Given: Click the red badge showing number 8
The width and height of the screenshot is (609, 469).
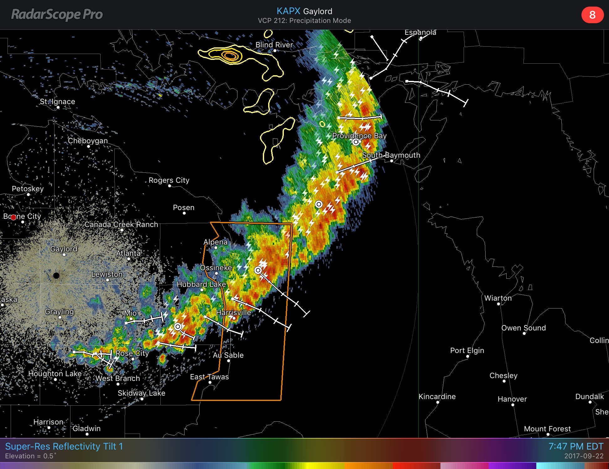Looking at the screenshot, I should tap(592, 15).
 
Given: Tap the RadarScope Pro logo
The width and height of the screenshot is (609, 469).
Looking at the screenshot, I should tap(57, 14).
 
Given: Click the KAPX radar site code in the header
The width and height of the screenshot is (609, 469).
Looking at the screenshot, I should tap(288, 11).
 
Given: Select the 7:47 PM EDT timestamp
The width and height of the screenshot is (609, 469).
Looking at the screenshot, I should tap(575, 446).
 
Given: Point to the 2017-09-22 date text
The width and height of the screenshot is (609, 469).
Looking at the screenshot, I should tap(584, 456).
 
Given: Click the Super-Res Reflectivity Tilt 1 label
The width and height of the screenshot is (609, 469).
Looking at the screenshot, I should tap(64, 446).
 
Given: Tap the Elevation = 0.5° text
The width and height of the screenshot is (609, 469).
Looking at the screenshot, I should tap(31, 456).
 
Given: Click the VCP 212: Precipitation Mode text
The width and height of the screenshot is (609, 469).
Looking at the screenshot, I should tap(304, 21).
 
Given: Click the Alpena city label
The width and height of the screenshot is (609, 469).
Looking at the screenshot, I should tap(215, 242).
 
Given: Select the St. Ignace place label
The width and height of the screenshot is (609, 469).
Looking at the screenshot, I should tap(57, 102).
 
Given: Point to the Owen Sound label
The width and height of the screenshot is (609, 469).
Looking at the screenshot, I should tap(523, 328).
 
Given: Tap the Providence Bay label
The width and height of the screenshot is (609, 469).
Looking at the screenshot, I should tap(359, 136).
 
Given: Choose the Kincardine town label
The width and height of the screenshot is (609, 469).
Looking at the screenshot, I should tap(437, 397).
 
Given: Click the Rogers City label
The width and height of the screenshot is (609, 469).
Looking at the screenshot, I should tap(169, 180).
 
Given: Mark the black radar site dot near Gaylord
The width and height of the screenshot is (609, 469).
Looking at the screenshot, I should tap(56, 276).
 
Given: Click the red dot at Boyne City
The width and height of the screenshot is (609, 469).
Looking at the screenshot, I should tap(13, 217).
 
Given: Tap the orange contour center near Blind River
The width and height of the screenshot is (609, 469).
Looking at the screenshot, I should tap(230, 56).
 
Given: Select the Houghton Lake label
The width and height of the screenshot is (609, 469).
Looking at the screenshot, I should tap(55, 374).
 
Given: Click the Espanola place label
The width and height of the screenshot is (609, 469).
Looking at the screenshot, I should tap(420, 33).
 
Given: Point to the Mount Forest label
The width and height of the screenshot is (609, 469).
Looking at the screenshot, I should tap(547, 429).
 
